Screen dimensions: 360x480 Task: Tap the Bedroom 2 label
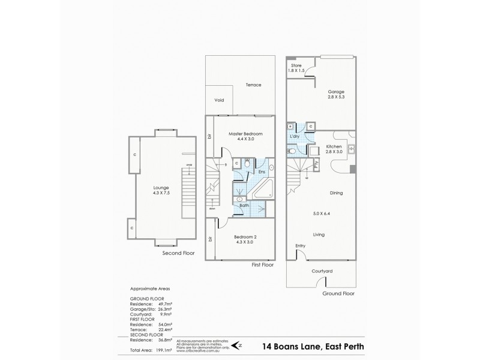[x=244, y=236]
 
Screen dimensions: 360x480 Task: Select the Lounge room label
[x=161, y=187]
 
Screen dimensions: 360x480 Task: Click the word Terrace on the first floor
[x=253, y=85]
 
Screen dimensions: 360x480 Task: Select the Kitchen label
[x=334, y=146]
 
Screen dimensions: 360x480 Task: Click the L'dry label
[x=295, y=137]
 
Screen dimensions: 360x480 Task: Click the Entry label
[x=300, y=246]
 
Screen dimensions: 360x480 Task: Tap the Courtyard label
[x=322, y=271]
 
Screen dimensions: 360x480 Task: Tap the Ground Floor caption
[x=338, y=294]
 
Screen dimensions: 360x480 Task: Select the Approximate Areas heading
[x=148, y=289]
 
